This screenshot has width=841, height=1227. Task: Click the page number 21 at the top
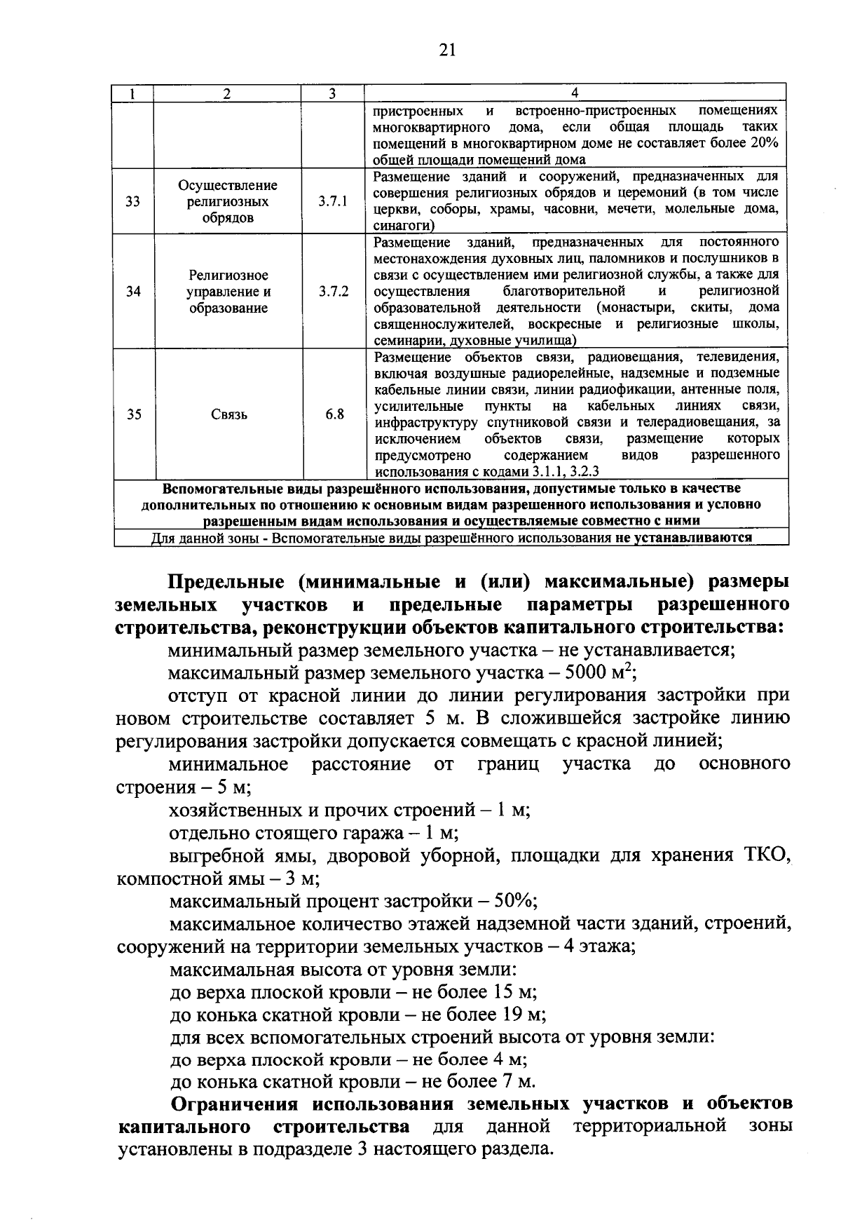click(447, 49)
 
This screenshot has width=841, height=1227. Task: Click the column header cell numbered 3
click(332, 93)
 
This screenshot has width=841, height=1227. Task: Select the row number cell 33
click(133, 202)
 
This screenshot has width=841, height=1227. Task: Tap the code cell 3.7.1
click(332, 202)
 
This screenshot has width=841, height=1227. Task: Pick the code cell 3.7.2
click(332, 292)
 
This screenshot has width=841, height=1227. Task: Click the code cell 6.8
click(334, 414)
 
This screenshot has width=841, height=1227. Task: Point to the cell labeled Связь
click(228, 414)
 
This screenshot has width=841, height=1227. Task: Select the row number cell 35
click(133, 414)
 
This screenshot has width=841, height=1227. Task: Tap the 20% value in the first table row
click(764, 143)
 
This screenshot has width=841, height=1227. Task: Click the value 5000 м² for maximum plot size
click(598, 672)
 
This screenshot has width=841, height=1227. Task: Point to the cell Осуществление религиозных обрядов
click(227, 202)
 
